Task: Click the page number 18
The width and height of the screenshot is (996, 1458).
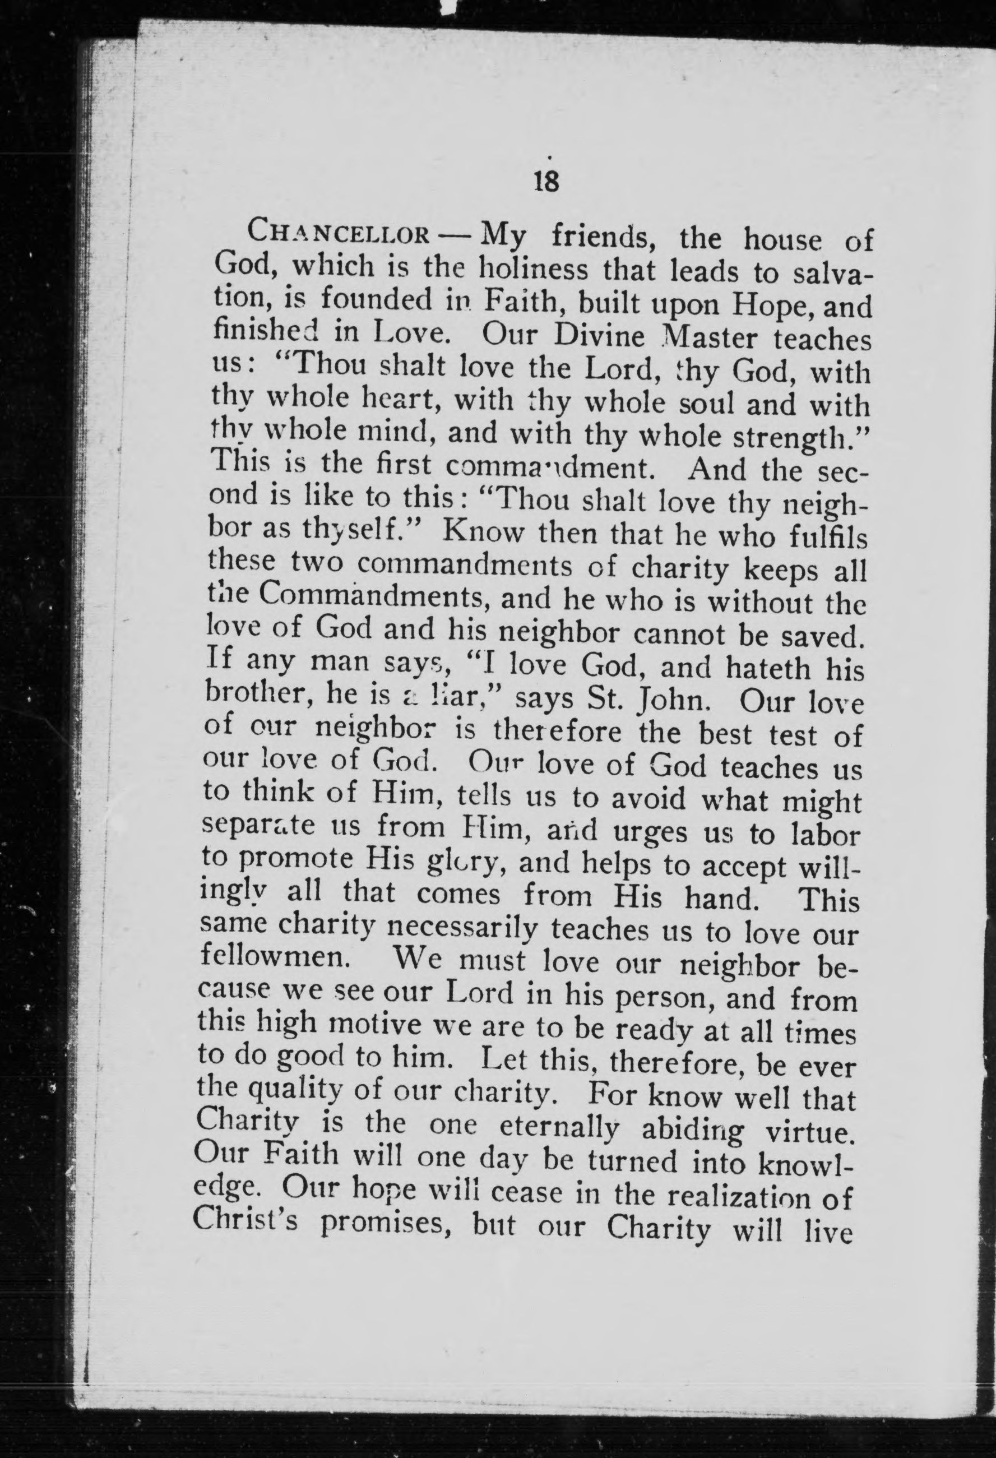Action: click(546, 183)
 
